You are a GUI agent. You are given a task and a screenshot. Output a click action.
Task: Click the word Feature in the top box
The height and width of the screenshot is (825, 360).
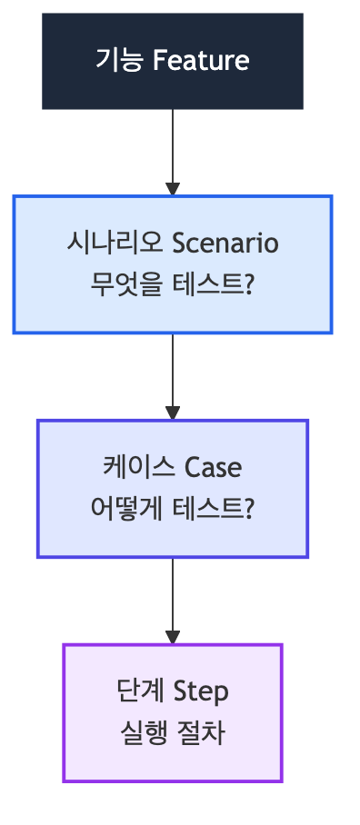(x=201, y=61)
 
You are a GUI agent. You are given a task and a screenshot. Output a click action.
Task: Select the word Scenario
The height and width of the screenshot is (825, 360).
(x=225, y=244)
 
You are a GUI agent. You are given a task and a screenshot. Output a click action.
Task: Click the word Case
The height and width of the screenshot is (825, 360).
(x=214, y=468)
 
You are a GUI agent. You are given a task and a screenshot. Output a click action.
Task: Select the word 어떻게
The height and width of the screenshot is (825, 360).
(x=128, y=510)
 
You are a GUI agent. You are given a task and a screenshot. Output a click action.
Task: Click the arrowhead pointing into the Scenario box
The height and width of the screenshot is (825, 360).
(x=173, y=188)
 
